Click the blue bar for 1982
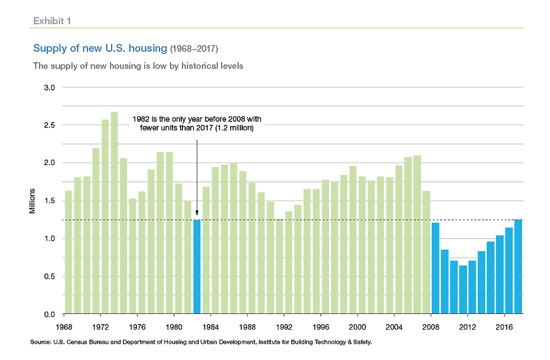197,266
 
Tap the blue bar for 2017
518,266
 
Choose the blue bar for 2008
436,268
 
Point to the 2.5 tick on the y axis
49,125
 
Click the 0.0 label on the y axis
49,314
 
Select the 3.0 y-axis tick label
49,88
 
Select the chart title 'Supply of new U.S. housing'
100,49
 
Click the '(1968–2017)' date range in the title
194,49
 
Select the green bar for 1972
96,231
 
